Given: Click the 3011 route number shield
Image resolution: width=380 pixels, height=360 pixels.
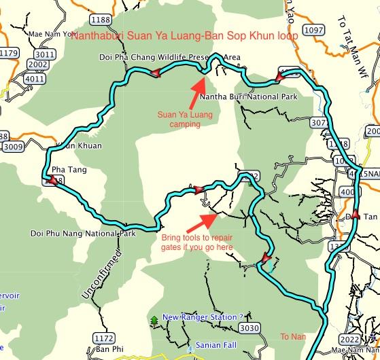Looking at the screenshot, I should tap(45, 54).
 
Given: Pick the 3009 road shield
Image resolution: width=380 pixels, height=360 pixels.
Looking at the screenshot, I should tap(13, 146).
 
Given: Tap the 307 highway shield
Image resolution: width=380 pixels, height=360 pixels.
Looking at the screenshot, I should tap(317, 123).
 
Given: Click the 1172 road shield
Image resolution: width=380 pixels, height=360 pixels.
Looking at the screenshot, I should tap(103, 338).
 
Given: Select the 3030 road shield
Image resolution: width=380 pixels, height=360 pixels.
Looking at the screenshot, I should tap(250, 329).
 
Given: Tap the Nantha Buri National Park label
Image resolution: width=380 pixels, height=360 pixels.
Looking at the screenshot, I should tap(249, 97).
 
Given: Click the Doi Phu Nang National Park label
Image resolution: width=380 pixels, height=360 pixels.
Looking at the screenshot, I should tap(83, 233).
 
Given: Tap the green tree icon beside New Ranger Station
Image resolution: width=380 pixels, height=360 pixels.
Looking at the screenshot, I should tap(155, 320).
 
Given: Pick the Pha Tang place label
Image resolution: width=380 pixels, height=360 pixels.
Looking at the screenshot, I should tap(69, 169).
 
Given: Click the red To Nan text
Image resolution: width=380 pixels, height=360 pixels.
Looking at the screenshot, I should tap(290, 336).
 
